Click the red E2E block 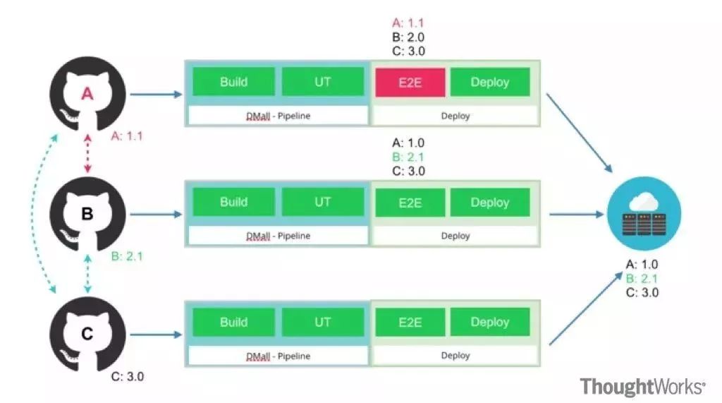click(x=410, y=83)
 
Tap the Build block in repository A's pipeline click(x=234, y=82)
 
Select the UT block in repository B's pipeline click(x=323, y=202)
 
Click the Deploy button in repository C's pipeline click(x=490, y=322)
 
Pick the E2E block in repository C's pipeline click(x=410, y=322)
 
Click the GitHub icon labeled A click(x=87, y=94)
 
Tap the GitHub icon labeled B click(x=87, y=214)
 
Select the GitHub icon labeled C click(x=87, y=334)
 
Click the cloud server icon click(x=644, y=214)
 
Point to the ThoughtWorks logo click(x=643, y=386)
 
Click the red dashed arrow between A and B click(x=87, y=154)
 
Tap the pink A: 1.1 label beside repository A click(x=127, y=136)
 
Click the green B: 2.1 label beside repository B click(x=127, y=256)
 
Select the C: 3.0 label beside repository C click(x=128, y=376)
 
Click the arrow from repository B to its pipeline click(x=156, y=214)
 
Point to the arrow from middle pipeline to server click(x=577, y=214)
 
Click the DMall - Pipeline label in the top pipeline click(x=278, y=116)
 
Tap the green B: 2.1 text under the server click(x=642, y=279)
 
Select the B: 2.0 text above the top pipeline click(x=408, y=37)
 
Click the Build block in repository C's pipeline click(x=234, y=322)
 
